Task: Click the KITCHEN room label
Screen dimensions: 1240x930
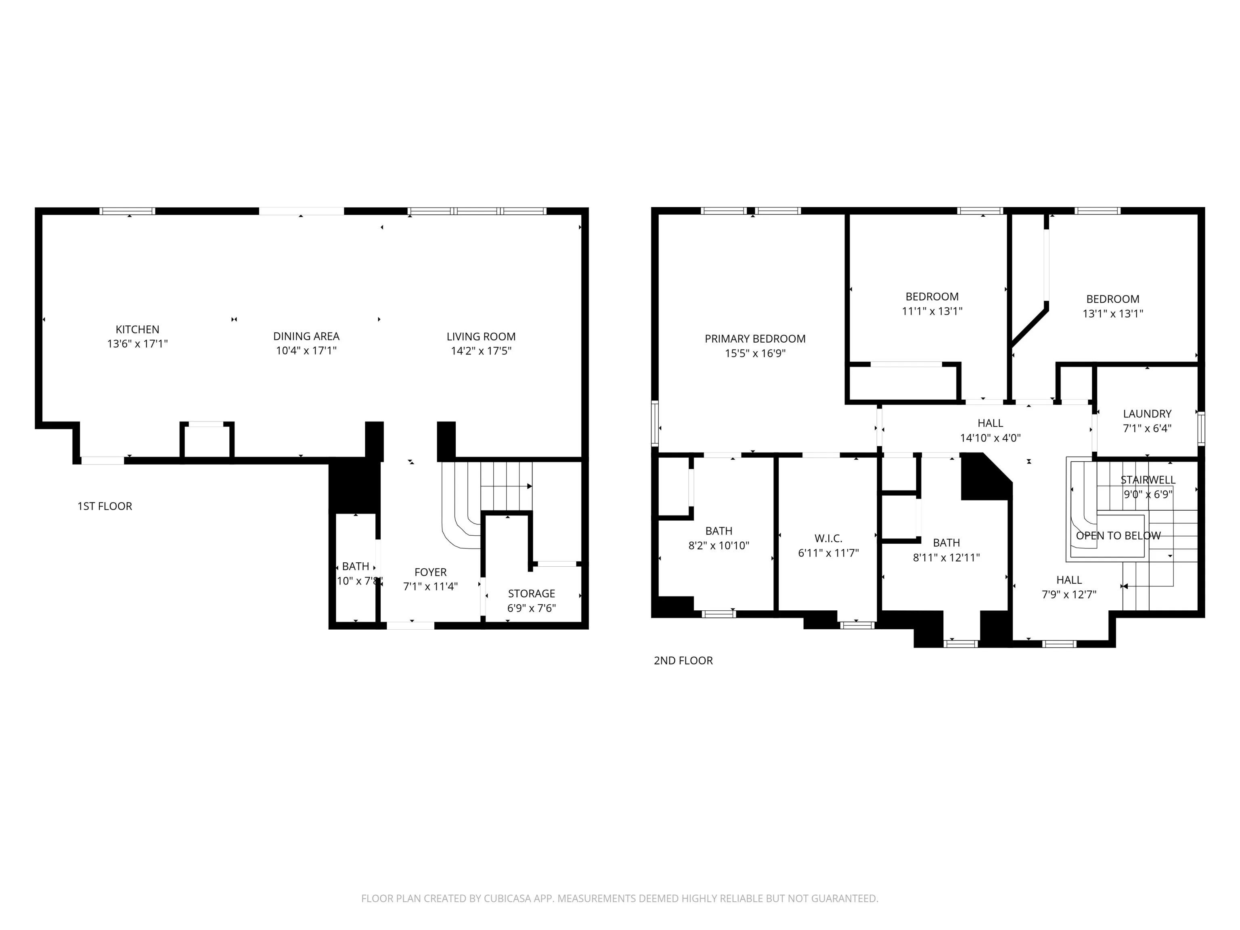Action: tap(137, 330)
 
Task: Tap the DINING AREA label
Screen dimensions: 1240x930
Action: tap(306, 336)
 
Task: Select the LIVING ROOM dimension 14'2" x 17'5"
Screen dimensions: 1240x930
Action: tap(481, 351)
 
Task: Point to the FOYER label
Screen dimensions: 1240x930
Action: tap(431, 572)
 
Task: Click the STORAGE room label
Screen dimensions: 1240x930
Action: tap(532, 594)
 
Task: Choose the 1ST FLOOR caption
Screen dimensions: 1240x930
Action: tap(105, 506)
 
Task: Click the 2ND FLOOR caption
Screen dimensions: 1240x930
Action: tap(683, 660)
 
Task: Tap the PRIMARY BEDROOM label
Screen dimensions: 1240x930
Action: tap(755, 339)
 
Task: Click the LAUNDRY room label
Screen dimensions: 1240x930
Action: tap(1147, 414)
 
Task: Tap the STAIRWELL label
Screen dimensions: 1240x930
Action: tap(1148, 480)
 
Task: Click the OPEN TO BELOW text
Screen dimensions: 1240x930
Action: tap(1119, 536)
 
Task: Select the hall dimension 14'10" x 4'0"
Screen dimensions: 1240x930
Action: tap(991, 438)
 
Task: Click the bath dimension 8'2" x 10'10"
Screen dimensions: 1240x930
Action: tap(718, 545)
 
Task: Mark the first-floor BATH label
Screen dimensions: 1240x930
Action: tap(355, 567)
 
